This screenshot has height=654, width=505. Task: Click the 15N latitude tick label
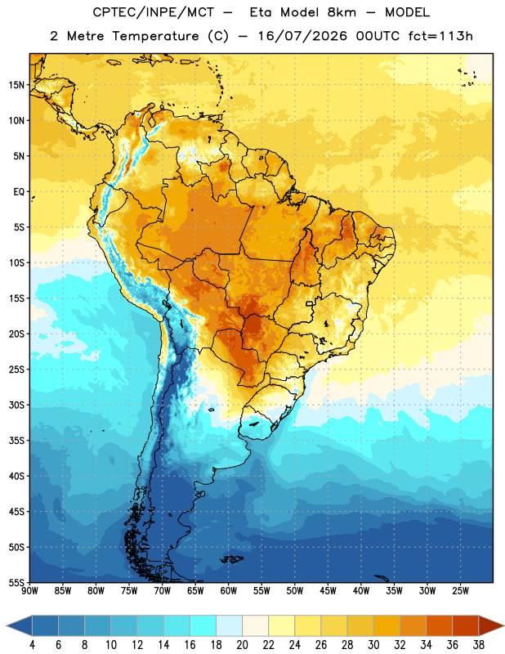pos(16,85)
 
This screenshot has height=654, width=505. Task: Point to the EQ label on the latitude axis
pos(19,192)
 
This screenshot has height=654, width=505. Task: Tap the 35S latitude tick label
pos(16,441)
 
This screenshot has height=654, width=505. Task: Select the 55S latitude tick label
pos(16,582)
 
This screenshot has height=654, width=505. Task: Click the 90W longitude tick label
pos(29,591)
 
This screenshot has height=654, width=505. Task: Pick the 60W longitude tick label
pos(229,591)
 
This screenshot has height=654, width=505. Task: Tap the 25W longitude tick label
pos(460,591)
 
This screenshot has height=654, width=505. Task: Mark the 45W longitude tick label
pos(328,591)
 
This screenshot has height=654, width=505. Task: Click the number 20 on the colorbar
pos(242,645)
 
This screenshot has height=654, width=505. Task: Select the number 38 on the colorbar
pos(479,645)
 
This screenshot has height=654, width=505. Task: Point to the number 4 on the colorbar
pos(32,645)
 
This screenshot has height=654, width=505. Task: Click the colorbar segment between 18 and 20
pos(229,625)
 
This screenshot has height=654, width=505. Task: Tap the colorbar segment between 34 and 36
pos(439,625)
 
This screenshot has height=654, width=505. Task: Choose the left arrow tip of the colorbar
pos(7,625)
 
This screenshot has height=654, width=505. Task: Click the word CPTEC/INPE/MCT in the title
pos(153,12)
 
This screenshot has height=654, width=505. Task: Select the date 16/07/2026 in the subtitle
pos(302,36)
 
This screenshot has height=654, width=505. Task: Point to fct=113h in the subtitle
pos(440,36)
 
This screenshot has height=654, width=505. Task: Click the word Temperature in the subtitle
pos(155,36)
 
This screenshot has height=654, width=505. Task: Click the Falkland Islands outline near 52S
pos(232,559)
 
